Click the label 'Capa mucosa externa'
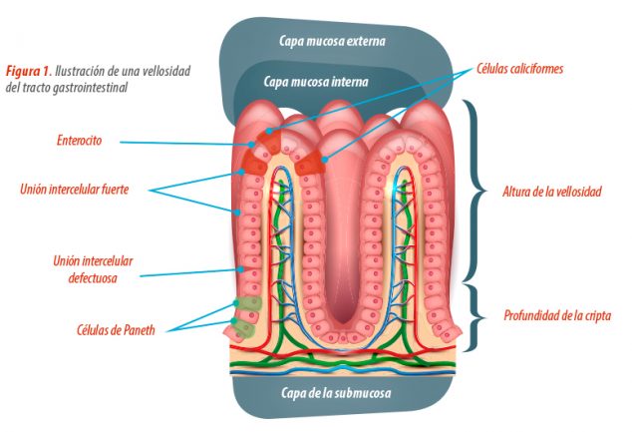pyautogui.click(x=332, y=41)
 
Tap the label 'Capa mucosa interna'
pyautogui.click(x=316, y=82)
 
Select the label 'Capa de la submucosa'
pyautogui.click(x=336, y=393)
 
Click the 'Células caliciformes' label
pyautogui.click(x=519, y=69)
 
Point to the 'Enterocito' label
pyautogui.click(x=79, y=141)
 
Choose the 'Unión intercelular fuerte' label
pyautogui.click(x=74, y=190)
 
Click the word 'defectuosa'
pyautogui.click(x=93, y=278)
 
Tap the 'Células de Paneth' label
pyautogui.click(x=116, y=330)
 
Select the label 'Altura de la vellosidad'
pyautogui.click(x=552, y=192)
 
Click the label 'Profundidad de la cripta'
pyautogui.click(x=557, y=315)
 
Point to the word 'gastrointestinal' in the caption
pyautogui.click(x=91, y=87)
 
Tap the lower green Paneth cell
pyautogui.click(x=244, y=328)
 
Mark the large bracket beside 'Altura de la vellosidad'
pyautogui.click(x=476, y=191)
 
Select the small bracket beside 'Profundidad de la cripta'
pyautogui.click(x=476, y=317)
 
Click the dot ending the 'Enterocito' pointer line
pyautogui.click(x=251, y=145)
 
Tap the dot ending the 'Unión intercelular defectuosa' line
pyautogui.click(x=240, y=269)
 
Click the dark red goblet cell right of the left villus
pyautogui.click(x=310, y=163)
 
